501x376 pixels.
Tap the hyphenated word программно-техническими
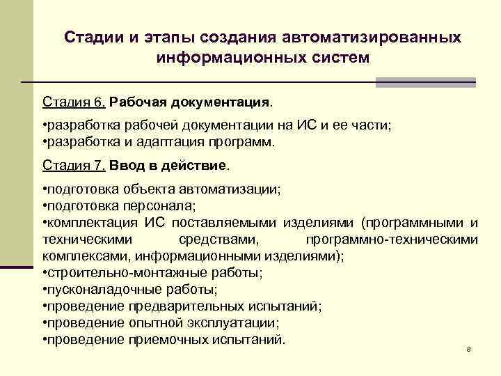pyautogui.click(x=392, y=240)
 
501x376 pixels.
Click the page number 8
pyautogui.click(x=469, y=348)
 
